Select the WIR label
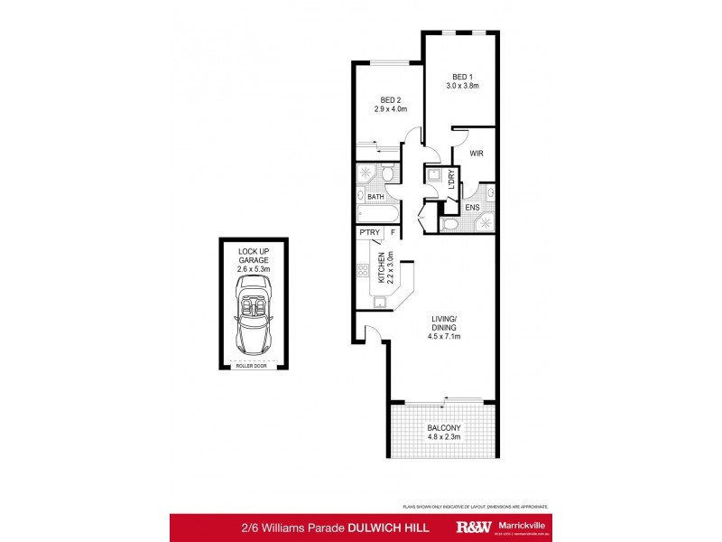(x=477, y=154)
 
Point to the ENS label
(x=472, y=208)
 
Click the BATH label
(x=375, y=196)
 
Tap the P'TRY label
(x=369, y=233)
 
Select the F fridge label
(x=393, y=233)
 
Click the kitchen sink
(x=380, y=302)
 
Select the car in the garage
(x=253, y=315)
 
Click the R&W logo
(x=477, y=527)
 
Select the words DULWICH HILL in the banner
(x=390, y=527)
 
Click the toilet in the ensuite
(x=451, y=223)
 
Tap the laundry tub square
(x=434, y=176)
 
